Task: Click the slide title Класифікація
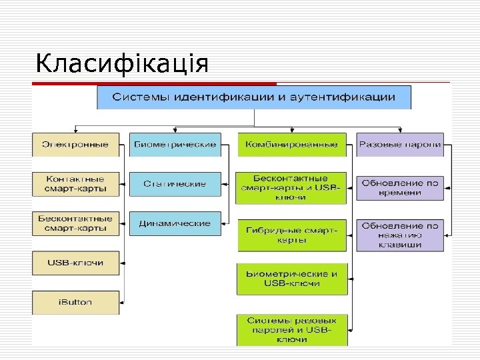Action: click(x=122, y=65)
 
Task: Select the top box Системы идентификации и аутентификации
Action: click(x=254, y=97)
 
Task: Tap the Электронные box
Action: click(x=75, y=145)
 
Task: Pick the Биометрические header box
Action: click(x=175, y=145)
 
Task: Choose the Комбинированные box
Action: click(x=292, y=145)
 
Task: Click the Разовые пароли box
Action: click(x=399, y=145)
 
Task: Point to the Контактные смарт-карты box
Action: click(x=75, y=184)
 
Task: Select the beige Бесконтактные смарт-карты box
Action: click(x=75, y=223)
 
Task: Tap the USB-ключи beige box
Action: click(x=75, y=263)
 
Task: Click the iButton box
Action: click(x=75, y=302)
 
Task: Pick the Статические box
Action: click(x=175, y=184)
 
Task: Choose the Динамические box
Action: click(x=175, y=223)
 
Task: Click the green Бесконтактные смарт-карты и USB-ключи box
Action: click(x=292, y=188)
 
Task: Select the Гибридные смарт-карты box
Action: click(x=292, y=235)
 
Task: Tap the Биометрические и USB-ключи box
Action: click(x=292, y=279)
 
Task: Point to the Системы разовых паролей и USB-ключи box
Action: click(x=292, y=330)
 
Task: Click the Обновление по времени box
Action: click(x=399, y=187)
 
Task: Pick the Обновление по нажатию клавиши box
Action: click(x=399, y=235)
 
